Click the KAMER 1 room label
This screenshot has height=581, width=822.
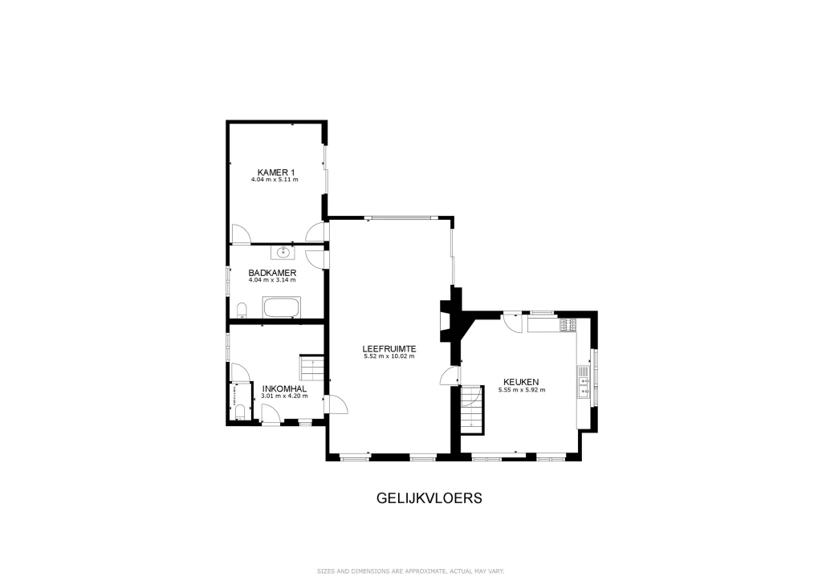276,173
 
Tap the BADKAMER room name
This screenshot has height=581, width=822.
272,273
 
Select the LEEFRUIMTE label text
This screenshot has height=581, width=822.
389,349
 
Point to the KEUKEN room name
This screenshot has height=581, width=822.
521,383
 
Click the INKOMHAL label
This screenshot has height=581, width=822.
284,388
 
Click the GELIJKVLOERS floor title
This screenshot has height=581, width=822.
429,498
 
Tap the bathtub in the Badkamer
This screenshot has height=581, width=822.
282,307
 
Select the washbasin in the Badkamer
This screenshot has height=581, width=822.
283,253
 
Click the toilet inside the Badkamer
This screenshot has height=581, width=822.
242,310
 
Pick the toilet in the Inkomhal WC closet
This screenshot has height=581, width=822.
240,412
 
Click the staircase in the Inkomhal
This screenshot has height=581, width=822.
312,368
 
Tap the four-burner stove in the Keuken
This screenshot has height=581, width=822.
568,325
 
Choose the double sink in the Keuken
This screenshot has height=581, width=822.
584,382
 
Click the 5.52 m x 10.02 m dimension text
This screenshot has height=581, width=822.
389,356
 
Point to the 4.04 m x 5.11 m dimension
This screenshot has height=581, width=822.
275,180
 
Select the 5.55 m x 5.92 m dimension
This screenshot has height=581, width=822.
522,390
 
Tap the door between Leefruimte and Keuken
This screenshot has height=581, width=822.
450,376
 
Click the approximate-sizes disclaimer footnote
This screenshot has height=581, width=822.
410,571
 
